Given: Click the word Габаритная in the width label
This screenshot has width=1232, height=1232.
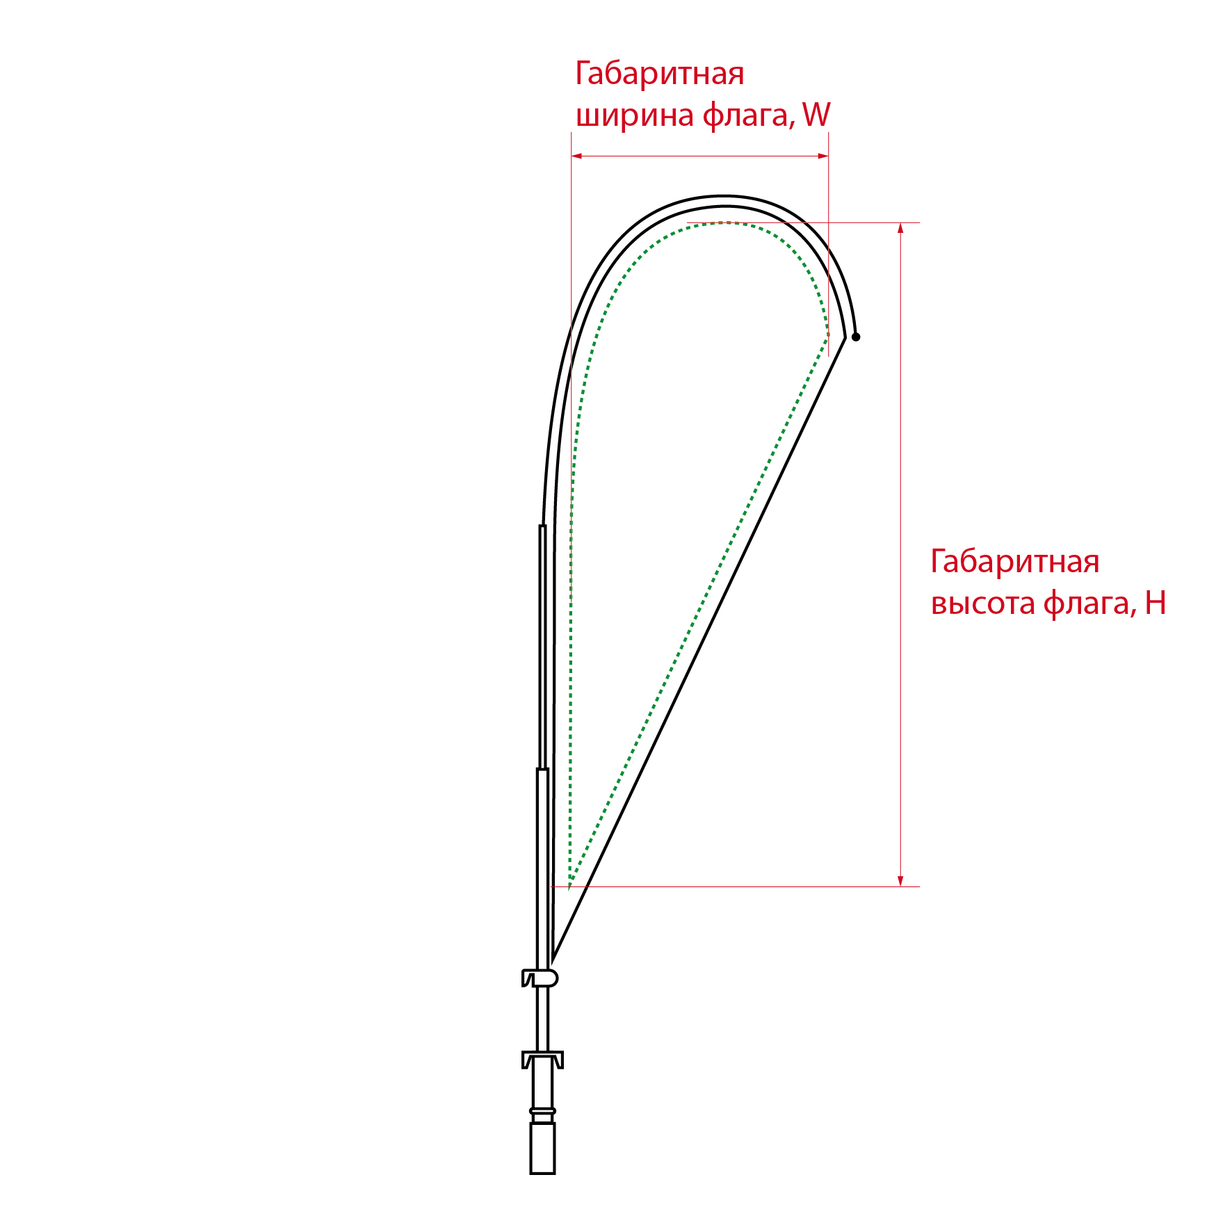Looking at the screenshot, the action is point(660,74).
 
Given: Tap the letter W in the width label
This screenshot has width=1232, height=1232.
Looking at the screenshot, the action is point(816,115).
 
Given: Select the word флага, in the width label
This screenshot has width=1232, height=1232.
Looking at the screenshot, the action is point(749,115).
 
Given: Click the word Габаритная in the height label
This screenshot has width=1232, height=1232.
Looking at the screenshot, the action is point(1015,562).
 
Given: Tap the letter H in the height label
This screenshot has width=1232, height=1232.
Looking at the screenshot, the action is point(1156,603).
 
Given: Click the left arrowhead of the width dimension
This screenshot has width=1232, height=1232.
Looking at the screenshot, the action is point(576,156).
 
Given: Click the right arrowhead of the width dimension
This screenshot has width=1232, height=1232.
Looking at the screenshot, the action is point(823,156).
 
